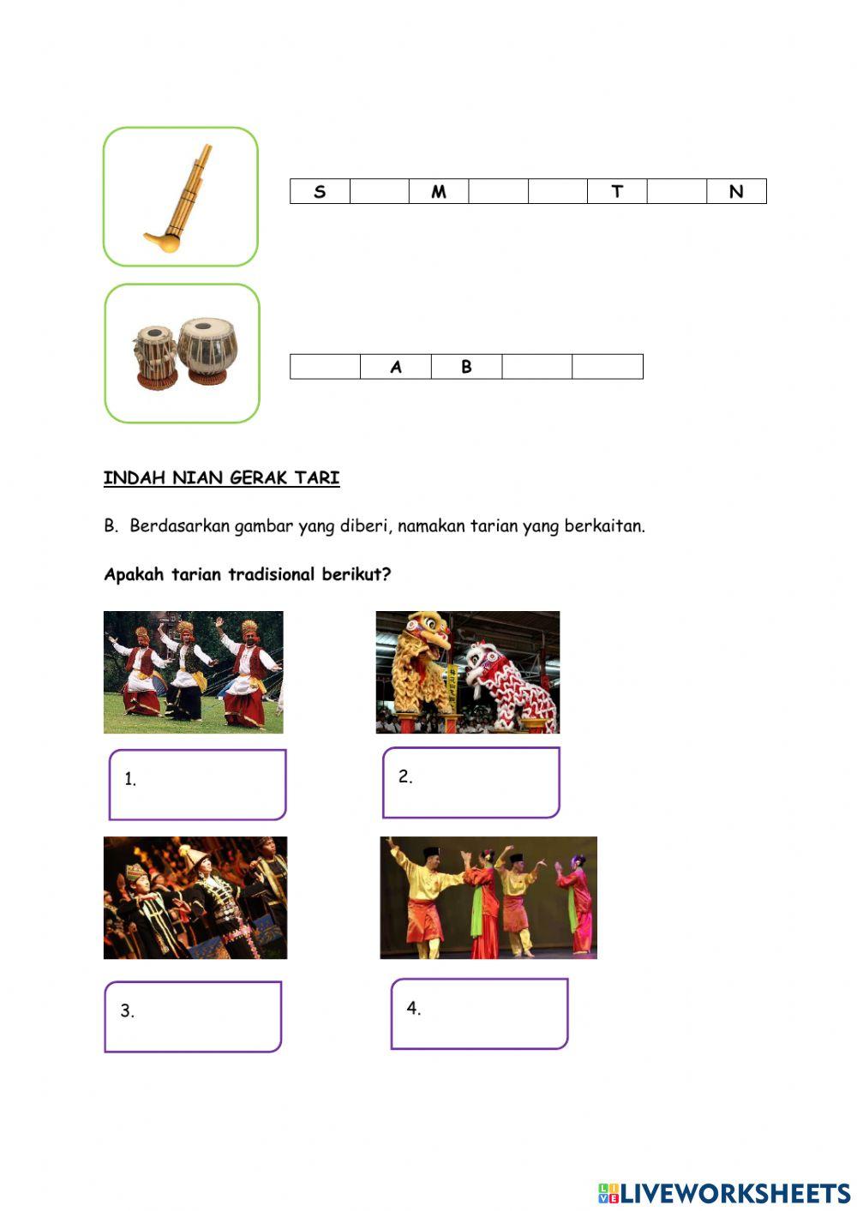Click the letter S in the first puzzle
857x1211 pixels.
click(x=320, y=191)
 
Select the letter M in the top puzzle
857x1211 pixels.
click(x=439, y=191)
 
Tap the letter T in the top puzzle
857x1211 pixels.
click(x=617, y=191)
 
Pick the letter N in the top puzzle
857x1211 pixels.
click(x=736, y=191)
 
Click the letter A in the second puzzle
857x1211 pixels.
click(x=395, y=367)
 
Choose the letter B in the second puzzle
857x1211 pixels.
click(x=466, y=367)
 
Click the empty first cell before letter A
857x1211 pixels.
click(x=325, y=367)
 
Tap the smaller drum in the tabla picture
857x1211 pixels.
click(x=155, y=351)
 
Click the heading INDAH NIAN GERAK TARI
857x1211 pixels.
click(x=221, y=478)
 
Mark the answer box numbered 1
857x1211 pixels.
click(x=198, y=784)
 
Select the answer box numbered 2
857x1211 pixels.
click(x=470, y=782)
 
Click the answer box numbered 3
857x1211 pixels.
click(x=193, y=1016)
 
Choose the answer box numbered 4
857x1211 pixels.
click(x=479, y=1014)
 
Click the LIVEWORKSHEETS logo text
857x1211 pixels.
click(x=734, y=1192)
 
